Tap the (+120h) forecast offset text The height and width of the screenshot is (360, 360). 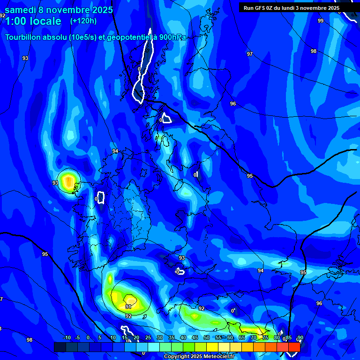[x=83, y=21]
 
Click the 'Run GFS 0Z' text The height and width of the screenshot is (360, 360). [x=257, y=8]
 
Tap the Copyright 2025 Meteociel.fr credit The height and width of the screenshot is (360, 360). [x=199, y=357]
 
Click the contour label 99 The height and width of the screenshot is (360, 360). [x=321, y=21]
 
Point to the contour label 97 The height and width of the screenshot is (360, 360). [x=250, y=54]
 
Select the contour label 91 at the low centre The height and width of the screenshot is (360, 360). [x=128, y=307]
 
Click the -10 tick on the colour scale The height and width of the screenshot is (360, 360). [x=67, y=337]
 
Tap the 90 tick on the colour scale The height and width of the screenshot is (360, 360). [x=300, y=337]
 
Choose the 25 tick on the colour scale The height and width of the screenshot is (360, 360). [x=148, y=337]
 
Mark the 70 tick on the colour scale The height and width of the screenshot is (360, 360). [x=254, y=337]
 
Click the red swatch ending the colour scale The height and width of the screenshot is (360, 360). [x=294, y=347]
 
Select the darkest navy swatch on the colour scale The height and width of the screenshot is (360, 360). [x=60, y=347]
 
